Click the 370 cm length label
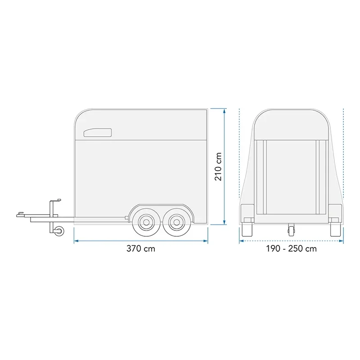tap(141, 249)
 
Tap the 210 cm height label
tap(218, 166)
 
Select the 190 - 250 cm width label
tap(291, 249)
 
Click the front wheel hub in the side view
tap(146, 222)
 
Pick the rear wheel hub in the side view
tap(176, 222)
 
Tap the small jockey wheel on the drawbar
tap(59, 230)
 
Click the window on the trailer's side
tap(98, 132)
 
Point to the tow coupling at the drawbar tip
tap(21, 215)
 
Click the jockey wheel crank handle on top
tap(55, 200)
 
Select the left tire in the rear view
tap(247, 229)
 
